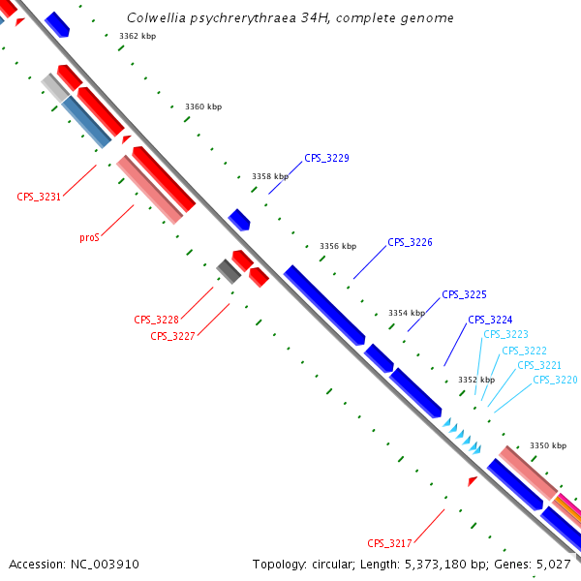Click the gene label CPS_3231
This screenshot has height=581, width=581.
39,197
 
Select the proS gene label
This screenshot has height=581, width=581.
89,237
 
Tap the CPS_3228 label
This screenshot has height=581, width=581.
156,320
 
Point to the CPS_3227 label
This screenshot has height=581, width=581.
172,336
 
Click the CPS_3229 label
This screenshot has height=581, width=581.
326,158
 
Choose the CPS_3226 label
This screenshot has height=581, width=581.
410,242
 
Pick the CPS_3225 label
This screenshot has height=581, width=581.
464,294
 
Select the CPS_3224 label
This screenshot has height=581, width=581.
490,320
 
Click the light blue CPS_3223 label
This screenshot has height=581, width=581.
505,334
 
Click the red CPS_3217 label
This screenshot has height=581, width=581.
389,542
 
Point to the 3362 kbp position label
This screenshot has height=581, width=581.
138,36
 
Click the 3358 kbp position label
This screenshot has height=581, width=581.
270,176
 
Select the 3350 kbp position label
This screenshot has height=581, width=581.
548,445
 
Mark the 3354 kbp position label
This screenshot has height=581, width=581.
407,313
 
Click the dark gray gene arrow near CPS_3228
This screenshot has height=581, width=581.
229,271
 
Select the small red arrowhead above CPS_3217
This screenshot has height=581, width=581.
473,481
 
